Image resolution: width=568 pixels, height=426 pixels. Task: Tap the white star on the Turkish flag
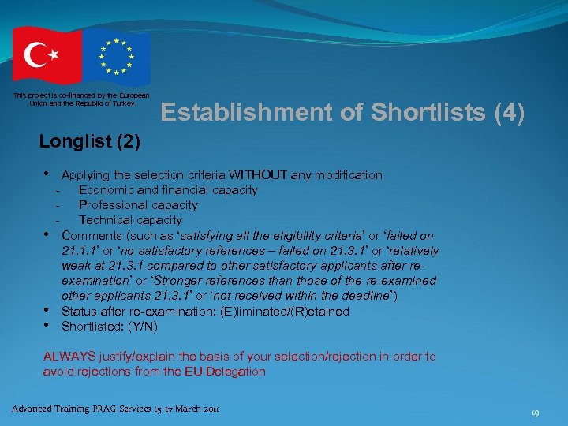pyautogui.click(x=54, y=54)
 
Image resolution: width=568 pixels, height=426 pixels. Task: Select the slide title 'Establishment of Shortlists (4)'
pyautogui.click(x=342, y=113)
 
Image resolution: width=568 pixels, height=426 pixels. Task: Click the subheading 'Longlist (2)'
pyautogui.click(x=90, y=142)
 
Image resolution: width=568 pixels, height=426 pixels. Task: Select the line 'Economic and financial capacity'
pyautogui.click(x=168, y=190)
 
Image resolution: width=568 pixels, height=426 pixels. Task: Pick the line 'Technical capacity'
pyautogui.click(x=130, y=220)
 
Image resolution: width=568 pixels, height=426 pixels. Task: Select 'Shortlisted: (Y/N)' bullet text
pyautogui.click(x=109, y=327)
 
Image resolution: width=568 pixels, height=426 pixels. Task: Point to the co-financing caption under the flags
pyautogui.click(x=73, y=99)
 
